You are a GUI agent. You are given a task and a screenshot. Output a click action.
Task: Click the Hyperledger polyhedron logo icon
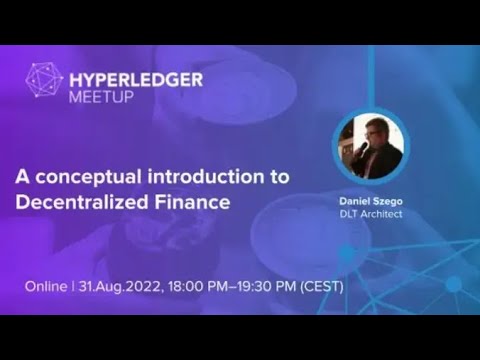click(x=43, y=80)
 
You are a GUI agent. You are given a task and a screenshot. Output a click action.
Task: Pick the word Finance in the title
click(x=184, y=202)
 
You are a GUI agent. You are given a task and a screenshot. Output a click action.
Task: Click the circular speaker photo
click(x=370, y=146)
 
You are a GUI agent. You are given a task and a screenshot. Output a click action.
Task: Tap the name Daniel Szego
click(x=371, y=200)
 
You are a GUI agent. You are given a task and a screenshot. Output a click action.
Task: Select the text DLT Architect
click(x=371, y=213)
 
